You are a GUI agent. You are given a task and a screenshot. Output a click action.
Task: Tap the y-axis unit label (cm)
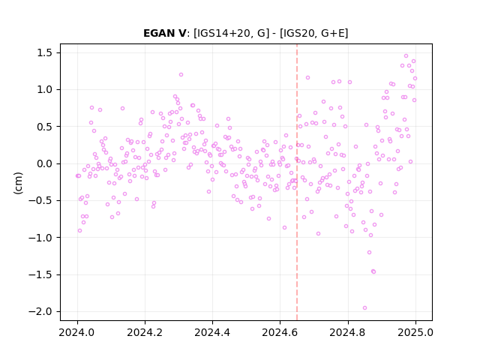18,183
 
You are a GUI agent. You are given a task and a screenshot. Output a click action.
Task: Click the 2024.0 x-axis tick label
77,332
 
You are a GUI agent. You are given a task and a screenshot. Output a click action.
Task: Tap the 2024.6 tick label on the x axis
280,332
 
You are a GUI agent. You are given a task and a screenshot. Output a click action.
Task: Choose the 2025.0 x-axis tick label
415,332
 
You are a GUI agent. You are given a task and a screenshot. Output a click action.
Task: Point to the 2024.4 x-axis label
212,332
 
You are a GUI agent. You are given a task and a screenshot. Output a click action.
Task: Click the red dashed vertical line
297,182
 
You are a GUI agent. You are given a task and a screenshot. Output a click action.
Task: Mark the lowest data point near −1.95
364,308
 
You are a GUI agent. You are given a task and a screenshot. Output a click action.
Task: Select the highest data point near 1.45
406,56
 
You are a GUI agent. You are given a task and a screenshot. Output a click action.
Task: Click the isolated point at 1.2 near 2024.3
181,75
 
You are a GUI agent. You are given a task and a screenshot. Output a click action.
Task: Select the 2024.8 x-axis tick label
348,332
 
